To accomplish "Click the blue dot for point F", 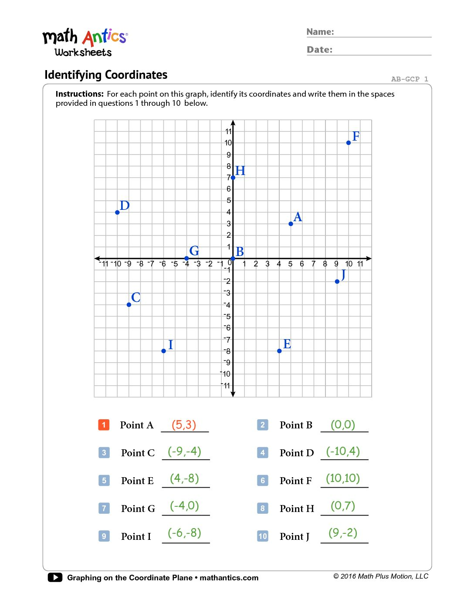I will [x=349, y=143].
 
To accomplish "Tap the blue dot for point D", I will [x=117, y=212].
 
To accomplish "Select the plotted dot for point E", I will [x=279, y=351].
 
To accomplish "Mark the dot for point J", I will [x=337, y=282].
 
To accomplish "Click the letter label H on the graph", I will [x=240, y=171].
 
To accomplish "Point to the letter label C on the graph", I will [x=136, y=297].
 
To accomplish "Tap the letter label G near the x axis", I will [x=194, y=251].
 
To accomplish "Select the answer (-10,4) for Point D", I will [x=343, y=451].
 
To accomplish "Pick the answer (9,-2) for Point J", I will [x=343, y=533].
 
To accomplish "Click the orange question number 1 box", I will [x=104, y=425].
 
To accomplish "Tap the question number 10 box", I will [x=263, y=536].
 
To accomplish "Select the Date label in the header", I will [x=319, y=50].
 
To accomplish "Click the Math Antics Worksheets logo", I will [x=85, y=43].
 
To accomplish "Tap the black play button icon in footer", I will [x=55, y=577].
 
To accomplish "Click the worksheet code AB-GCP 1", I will [x=410, y=79].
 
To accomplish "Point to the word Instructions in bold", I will [x=79, y=94].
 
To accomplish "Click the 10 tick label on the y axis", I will [x=228, y=143].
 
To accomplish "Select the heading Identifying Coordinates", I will [x=106, y=75].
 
